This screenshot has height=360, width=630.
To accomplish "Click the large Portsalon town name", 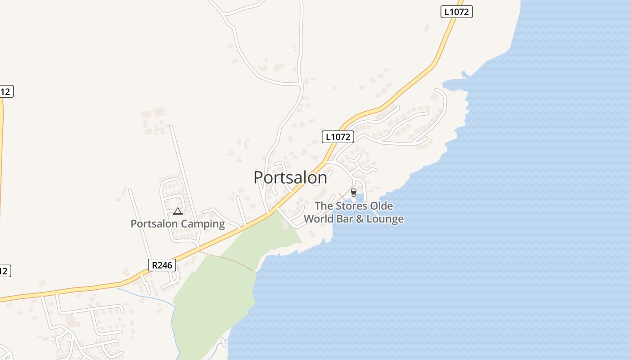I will click(290, 178).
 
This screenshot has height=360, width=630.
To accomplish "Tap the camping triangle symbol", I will click(178, 211).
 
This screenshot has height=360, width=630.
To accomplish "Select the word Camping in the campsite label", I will click(203, 224).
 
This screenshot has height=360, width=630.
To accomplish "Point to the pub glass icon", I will click(354, 193).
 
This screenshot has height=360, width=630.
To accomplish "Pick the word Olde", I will click(381, 206).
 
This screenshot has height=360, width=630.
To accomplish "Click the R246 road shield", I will click(162, 265).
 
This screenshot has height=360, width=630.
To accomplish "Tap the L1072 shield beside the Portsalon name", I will click(337, 137).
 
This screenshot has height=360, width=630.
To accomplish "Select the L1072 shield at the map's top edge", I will click(456, 12).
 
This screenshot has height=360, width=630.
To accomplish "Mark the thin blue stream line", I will click(148, 297).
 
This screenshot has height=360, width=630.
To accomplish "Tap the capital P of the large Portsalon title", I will click(259, 178).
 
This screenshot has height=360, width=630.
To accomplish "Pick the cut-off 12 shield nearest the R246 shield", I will click(4, 271).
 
